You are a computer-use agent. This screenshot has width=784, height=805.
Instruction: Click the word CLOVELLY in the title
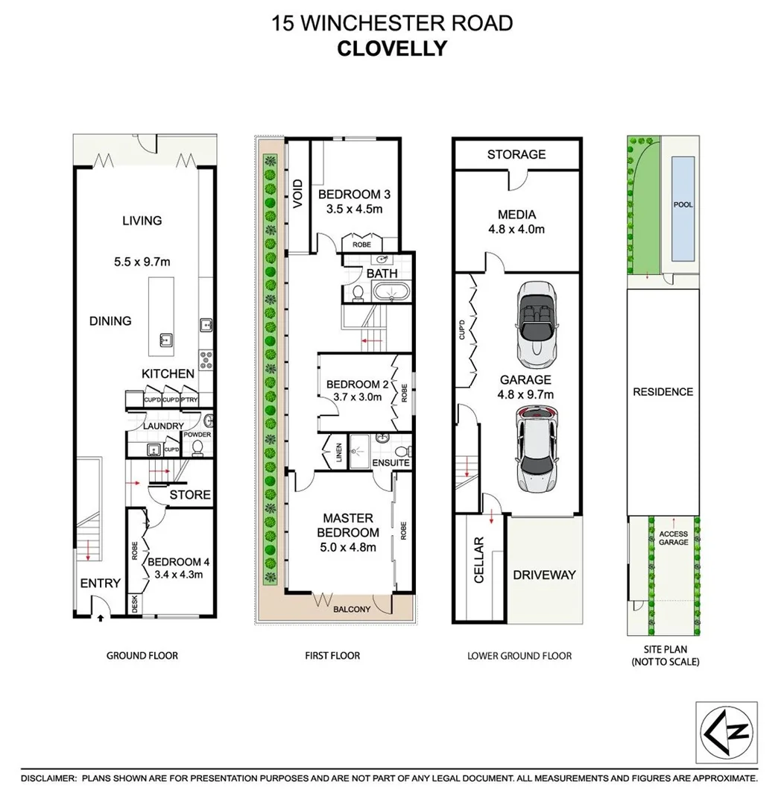coord(392,48)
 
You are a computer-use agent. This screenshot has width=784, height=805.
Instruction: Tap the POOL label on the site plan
coord(683,204)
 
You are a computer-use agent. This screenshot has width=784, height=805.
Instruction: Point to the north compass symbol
coord(726,732)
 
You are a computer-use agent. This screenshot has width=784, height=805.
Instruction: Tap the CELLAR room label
coord(479,561)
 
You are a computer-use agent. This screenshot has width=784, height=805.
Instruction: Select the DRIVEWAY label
coord(544,575)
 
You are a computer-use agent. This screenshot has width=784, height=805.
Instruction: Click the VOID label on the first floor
coord(298,194)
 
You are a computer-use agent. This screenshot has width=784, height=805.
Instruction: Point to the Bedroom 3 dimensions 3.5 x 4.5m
coord(354,209)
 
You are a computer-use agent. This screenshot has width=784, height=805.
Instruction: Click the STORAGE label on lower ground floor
coord(516,154)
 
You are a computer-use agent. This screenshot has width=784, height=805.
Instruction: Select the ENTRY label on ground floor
coord(100,583)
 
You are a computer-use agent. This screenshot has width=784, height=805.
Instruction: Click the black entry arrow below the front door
coord(101,617)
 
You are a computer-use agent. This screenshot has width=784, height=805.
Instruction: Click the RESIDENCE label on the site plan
coord(663,392)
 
